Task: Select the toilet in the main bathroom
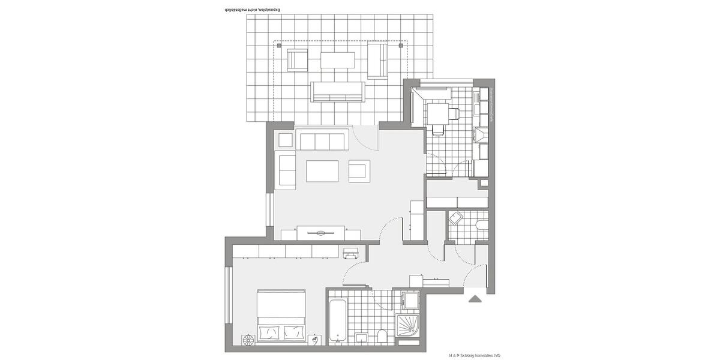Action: [382, 337]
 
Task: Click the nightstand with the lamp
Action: [316, 341]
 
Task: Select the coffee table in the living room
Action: [322, 171]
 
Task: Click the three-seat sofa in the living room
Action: [322, 142]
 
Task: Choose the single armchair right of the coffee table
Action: [359, 171]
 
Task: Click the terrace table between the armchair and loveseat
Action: [337, 61]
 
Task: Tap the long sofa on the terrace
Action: [337, 91]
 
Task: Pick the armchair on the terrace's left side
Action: [298, 60]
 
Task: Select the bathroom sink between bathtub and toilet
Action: [362, 338]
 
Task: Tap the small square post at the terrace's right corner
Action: [400, 45]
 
